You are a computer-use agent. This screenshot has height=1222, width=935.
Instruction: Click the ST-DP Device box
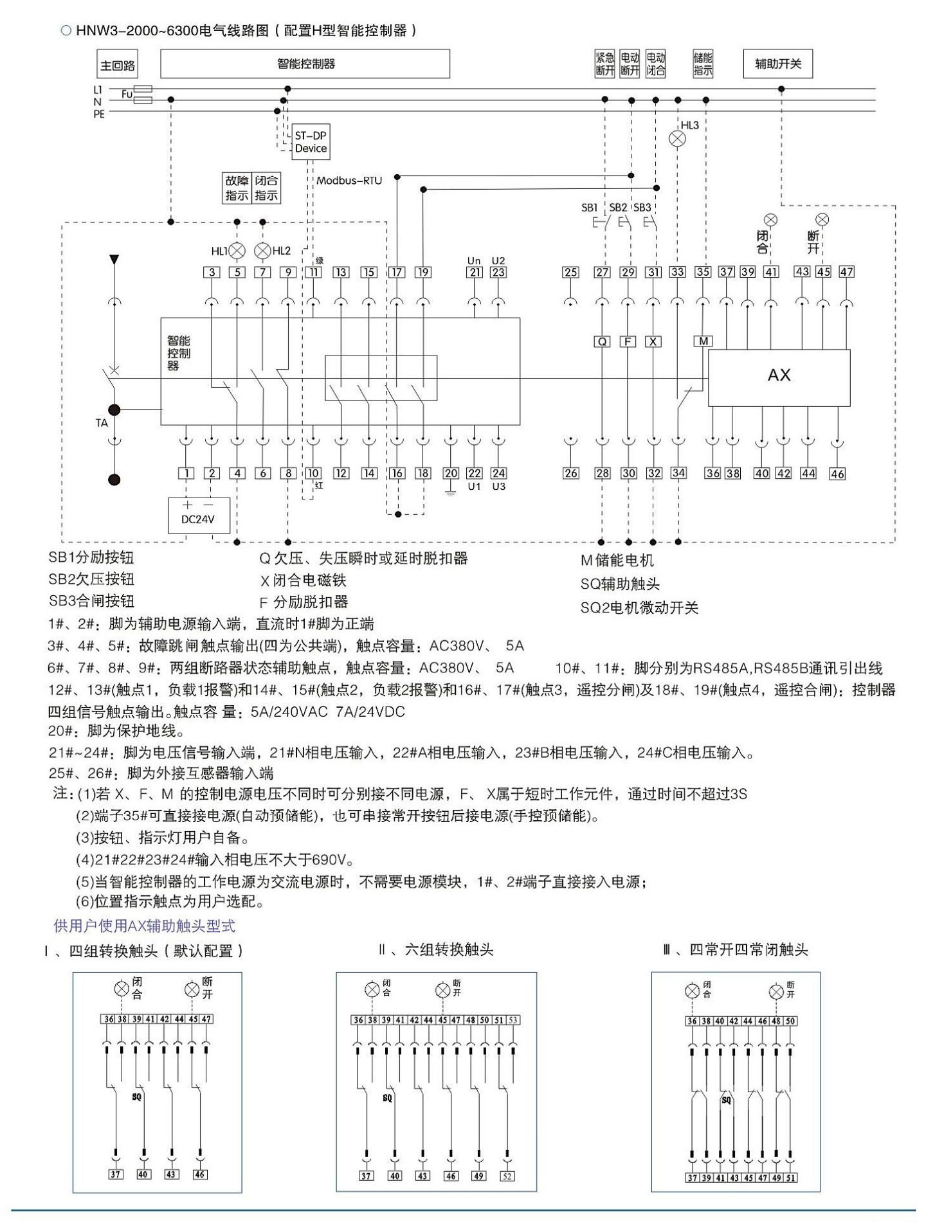[311, 142]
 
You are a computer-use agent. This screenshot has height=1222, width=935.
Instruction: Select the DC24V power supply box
[199, 516]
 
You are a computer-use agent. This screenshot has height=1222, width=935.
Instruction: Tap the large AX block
[779, 377]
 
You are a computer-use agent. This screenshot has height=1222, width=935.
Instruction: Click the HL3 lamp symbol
[678, 138]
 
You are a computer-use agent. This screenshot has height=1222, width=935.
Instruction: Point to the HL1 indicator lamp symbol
[237, 251]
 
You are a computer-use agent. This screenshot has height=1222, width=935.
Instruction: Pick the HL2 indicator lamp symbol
[263, 251]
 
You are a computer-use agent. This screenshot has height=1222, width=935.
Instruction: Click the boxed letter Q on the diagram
[603, 341]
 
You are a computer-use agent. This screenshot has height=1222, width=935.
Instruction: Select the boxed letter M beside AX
[704, 341]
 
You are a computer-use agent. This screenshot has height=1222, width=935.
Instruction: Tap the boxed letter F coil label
[628, 341]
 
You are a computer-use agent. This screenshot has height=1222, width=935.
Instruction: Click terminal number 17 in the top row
[397, 272]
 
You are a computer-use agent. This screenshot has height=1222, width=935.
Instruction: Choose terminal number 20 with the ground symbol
[451, 473]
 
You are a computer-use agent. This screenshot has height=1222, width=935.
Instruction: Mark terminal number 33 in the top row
[678, 272]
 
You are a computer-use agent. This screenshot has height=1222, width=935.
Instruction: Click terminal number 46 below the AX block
[837, 474]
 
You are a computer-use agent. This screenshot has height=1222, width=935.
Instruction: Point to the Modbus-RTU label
[349, 181]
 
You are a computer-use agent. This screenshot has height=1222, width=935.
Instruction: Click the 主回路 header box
[118, 65]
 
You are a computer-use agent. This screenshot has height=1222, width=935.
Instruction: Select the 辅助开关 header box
[778, 64]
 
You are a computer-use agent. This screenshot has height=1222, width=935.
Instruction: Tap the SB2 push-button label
[618, 208]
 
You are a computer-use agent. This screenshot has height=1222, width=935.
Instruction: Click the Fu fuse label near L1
[127, 94]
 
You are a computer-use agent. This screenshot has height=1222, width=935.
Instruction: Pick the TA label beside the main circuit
[102, 423]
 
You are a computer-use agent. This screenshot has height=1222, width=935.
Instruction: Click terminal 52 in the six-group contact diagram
[507, 1176]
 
